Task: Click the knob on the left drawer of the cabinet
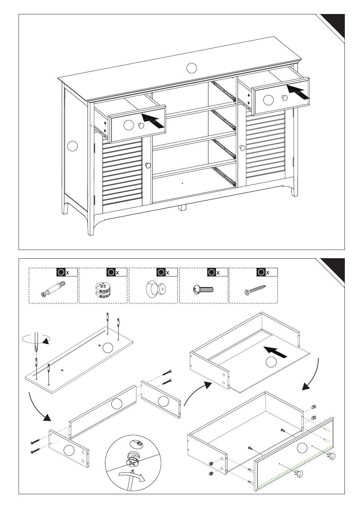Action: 141,126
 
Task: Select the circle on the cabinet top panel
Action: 192,68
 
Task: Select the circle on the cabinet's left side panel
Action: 72,145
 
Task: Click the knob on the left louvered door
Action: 148,165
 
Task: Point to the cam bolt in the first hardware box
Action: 53,289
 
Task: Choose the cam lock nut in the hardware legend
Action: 103,290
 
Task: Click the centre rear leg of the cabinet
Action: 183,208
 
